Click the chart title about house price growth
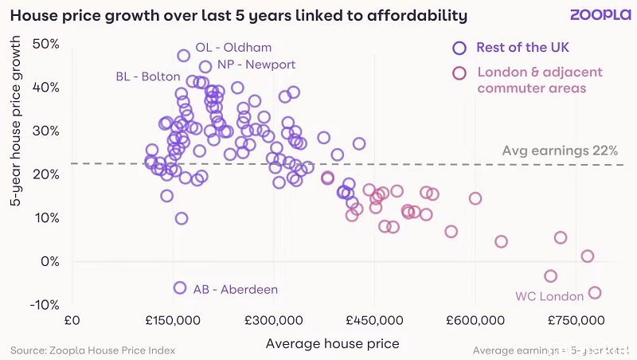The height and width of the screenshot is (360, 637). (239, 15)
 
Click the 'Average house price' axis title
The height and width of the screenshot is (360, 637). (332, 343)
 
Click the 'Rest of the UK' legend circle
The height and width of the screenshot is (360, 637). (459, 48)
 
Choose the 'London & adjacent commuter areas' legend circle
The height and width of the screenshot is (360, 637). (459, 73)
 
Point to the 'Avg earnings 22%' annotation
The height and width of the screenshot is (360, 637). (560, 151)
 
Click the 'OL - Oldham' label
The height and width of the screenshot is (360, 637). (233, 48)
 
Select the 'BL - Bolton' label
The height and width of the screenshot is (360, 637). (148, 76)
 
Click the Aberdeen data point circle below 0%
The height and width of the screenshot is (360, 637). (180, 288)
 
